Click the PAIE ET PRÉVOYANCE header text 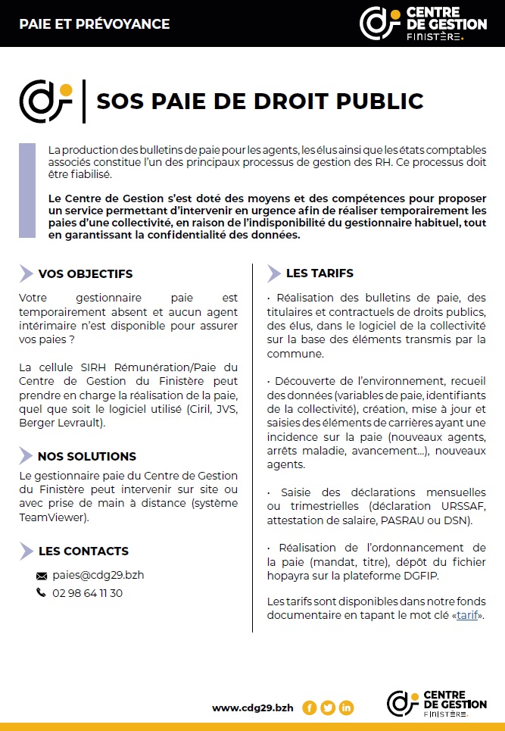coord(95,24)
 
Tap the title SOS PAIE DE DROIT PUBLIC coord(260,101)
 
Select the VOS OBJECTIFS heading coord(85,274)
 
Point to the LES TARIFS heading coord(320,273)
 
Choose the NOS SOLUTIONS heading coord(87,456)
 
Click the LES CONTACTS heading coord(83,551)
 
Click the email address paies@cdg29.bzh coord(98,575)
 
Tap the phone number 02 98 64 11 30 coord(88,593)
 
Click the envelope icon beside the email coord(42,576)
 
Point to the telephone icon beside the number coord(41,593)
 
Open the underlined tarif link coord(467,615)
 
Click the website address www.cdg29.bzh coord(253,708)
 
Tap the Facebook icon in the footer coord(309,708)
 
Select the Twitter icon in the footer coord(328,708)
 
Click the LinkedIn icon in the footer coord(347,708)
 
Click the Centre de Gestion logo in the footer coord(437,704)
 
